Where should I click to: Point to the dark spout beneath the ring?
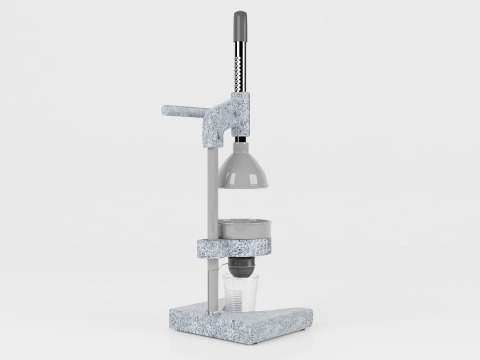241,267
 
